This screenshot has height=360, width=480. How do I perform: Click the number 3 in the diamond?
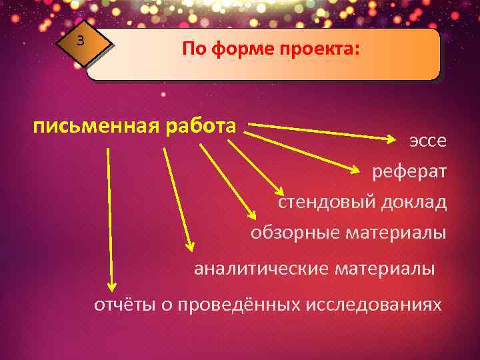coord(80,41)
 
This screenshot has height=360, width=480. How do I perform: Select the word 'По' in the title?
coord(193,51)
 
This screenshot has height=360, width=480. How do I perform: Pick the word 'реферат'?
coord(409,171)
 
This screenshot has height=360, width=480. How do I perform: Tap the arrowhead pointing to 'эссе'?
coord(392,139)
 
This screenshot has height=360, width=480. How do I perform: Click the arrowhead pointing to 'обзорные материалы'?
coord(252,214)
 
